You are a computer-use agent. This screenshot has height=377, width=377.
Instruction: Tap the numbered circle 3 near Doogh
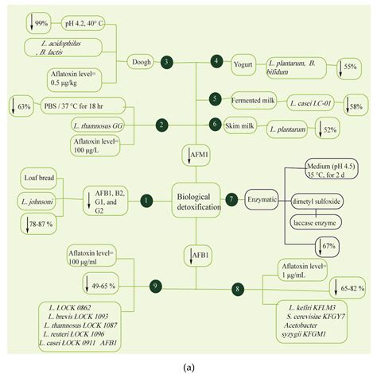165,61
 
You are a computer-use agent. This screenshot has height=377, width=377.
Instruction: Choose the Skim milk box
245,124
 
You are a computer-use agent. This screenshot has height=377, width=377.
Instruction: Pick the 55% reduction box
348,67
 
